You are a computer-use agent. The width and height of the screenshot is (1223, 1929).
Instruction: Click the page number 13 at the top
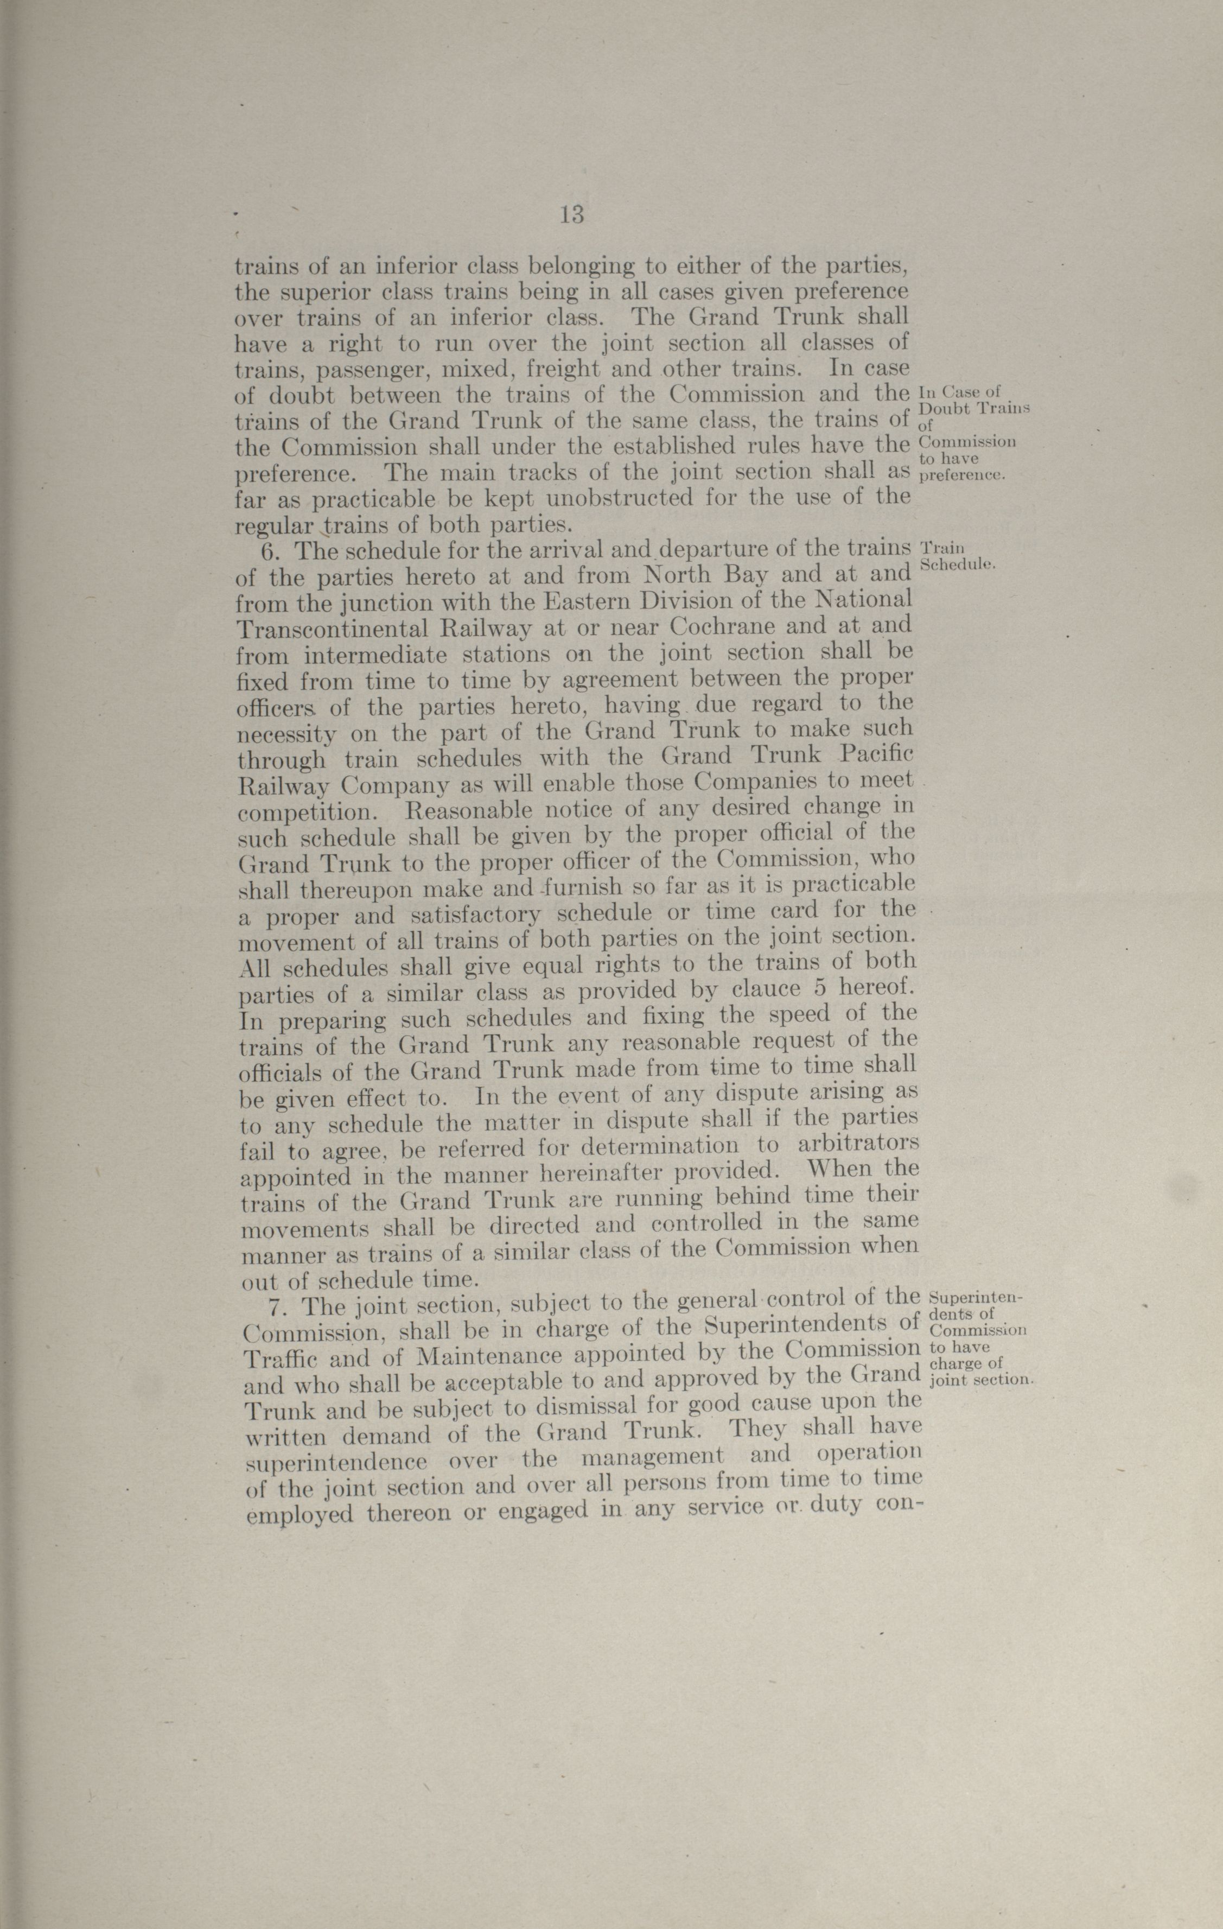(572, 215)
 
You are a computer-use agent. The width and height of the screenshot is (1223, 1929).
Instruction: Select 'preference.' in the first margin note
(961, 474)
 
